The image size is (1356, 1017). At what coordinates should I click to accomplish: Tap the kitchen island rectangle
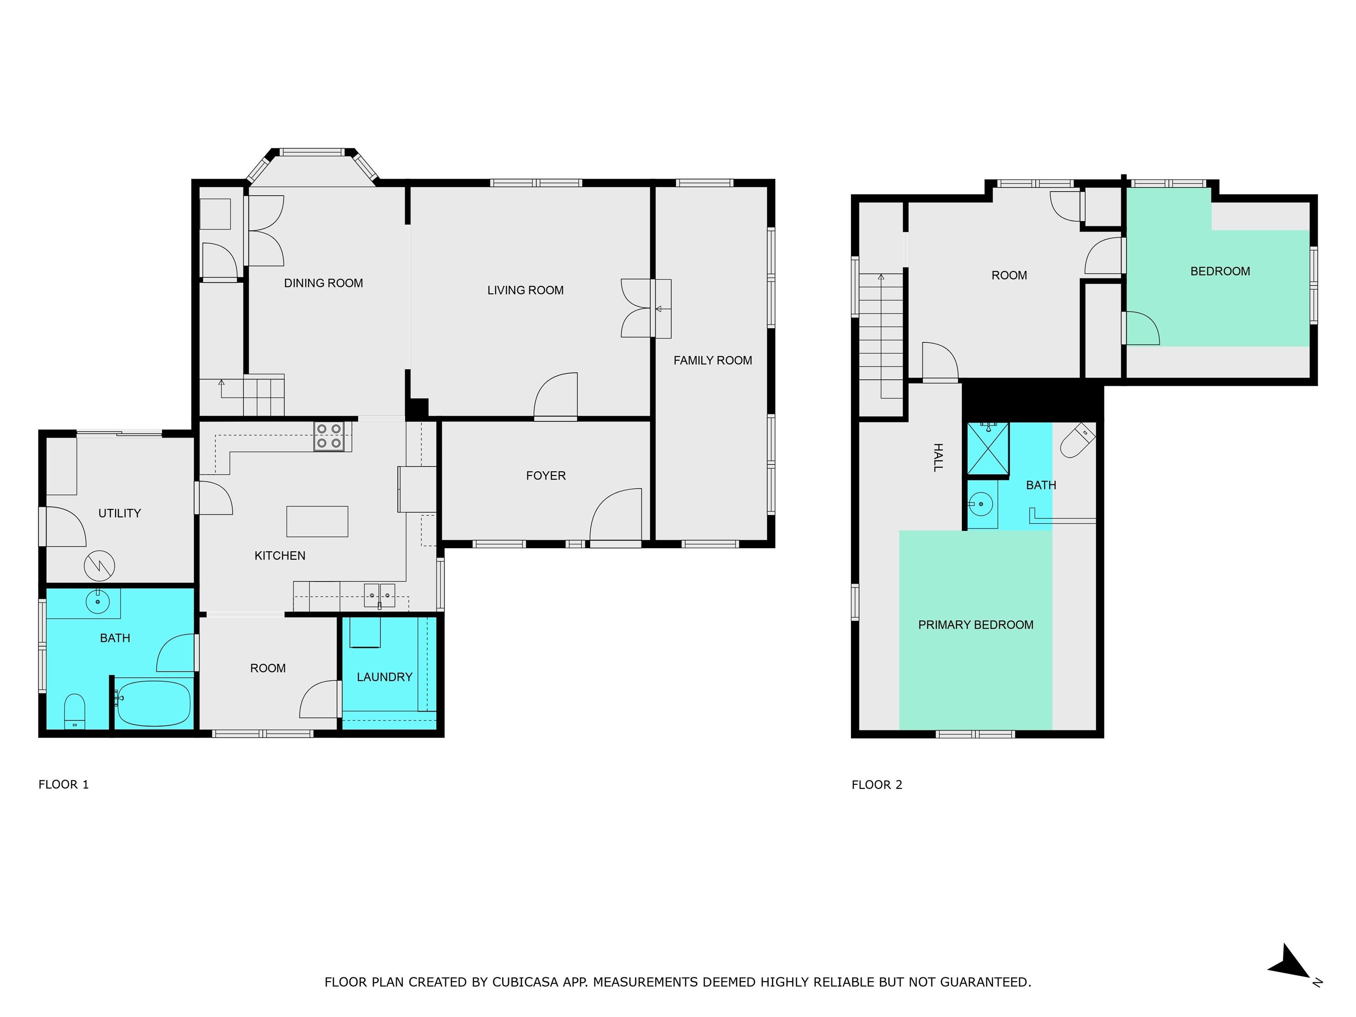[317, 521]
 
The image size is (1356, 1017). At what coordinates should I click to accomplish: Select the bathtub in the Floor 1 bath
[154, 703]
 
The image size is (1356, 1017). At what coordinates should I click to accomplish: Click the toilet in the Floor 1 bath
[75, 711]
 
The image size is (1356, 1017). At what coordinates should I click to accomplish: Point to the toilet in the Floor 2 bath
[1077, 440]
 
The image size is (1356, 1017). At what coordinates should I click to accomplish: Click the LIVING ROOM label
[525, 290]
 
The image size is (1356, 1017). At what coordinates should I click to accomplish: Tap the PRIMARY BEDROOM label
[976, 625]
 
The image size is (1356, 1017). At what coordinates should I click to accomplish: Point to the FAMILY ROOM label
[712, 361]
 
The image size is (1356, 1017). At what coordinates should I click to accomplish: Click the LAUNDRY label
[384, 677]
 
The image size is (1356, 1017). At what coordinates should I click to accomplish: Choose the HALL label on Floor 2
[937, 457]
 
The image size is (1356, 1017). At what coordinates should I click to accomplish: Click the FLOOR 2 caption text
[877, 785]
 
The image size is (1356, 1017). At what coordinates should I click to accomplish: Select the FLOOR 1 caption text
[64, 785]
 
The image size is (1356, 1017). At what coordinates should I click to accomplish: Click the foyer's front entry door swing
[615, 515]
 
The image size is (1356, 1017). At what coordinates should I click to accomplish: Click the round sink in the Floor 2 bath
[980, 505]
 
